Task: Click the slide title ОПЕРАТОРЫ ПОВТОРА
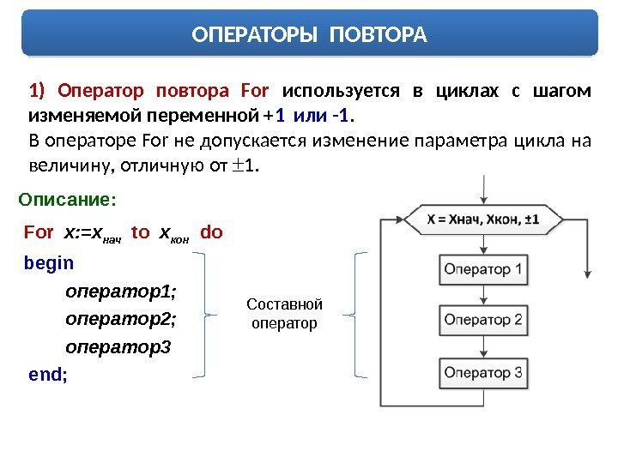(x=308, y=35)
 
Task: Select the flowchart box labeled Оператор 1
(x=482, y=270)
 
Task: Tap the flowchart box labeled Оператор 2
(x=482, y=321)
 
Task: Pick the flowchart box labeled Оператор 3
(x=482, y=372)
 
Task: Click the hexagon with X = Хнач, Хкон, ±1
(x=483, y=219)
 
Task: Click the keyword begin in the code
(x=49, y=263)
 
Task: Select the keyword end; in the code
(x=48, y=375)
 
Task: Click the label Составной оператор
(x=284, y=314)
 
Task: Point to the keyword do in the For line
(x=210, y=231)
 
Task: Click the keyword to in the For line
(x=140, y=231)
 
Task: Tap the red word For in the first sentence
(x=257, y=91)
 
